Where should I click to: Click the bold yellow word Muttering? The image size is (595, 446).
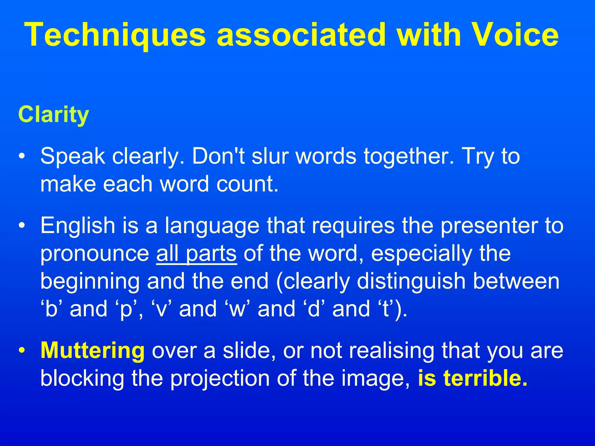coord(92,351)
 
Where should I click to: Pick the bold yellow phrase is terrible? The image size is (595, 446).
coord(472,378)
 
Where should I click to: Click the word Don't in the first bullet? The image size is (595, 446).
coord(218,156)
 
